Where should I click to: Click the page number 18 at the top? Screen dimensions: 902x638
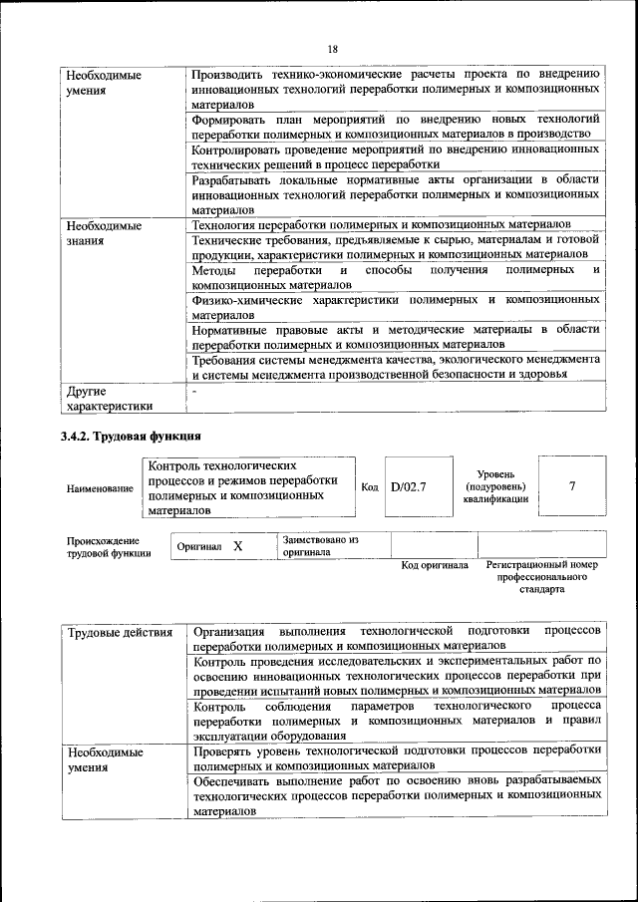(x=333, y=49)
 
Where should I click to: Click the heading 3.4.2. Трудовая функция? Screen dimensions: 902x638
(x=131, y=436)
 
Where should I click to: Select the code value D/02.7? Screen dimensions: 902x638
(x=409, y=486)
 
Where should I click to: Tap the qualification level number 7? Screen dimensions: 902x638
(x=571, y=486)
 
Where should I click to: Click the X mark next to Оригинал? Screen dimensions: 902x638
(x=237, y=546)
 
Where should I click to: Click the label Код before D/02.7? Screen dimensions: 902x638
(x=370, y=486)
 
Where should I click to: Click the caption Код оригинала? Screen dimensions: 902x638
(x=435, y=565)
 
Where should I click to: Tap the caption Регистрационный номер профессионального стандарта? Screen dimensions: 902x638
(x=541, y=576)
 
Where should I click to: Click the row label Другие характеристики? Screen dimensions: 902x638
(x=109, y=399)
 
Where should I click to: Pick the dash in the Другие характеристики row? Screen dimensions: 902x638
(x=195, y=392)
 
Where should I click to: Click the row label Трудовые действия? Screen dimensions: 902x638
(x=119, y=632)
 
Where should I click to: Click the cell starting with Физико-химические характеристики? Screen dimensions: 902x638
(x=396, y=306)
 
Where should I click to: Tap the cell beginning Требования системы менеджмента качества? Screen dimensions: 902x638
(x=396, y=366)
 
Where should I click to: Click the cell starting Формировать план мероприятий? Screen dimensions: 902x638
(x=396, y=126)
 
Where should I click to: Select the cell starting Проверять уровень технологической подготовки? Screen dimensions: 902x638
(x=396, y=757)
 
